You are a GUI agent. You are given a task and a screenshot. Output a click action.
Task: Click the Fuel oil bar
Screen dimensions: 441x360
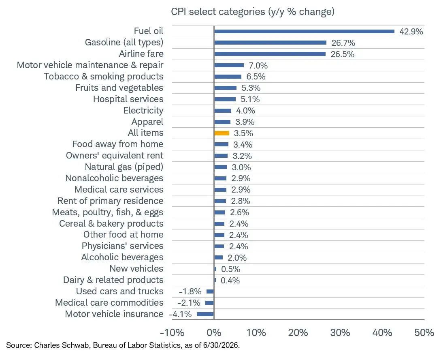pyautogui.click(x=304, y=31)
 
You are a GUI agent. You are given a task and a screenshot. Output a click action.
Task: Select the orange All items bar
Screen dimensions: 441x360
pyautogui.click(x=222, y=133)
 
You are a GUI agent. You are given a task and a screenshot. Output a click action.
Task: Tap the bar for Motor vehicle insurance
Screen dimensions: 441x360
pyautogui.click(x=205, y=314)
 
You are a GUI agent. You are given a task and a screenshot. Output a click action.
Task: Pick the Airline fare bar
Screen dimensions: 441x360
pyautogui.click(x=270, y=54)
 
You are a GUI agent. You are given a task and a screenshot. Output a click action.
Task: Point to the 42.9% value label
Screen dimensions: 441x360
pyautogui.click(x=411, y=32)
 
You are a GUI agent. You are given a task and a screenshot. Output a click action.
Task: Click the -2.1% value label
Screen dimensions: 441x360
pyautogui.click(x=189, y=303)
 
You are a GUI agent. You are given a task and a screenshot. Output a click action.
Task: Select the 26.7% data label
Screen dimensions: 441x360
pyautogui.click(x=343, y=43)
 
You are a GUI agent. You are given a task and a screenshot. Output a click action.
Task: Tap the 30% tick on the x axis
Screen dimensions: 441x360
pyautogui.click(x=340, y=333)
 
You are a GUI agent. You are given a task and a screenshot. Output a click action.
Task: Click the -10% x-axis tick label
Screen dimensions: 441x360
pyautogui.click(x=172, y=333)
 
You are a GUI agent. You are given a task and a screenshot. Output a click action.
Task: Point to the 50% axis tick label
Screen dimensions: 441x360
pyautogui.click(x=424, y=333)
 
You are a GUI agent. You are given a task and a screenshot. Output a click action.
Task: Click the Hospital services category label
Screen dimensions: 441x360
pyautogui.click(x=128, y=99)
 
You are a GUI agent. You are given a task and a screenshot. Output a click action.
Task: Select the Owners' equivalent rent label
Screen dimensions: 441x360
pyautogui.click(x=115, y=156)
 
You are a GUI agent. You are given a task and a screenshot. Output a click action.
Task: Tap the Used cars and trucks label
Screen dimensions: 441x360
pyautogui.click(x=119, y=291)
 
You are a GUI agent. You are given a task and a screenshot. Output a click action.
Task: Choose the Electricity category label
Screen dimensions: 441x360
pyautogui.click(x=143, y=111)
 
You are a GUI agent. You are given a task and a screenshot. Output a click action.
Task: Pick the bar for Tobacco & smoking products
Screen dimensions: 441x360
pyautogui.click(x=228, y=77)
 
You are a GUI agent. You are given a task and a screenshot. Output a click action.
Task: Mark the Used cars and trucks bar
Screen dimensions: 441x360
pyautogui.click(x=210, y=291)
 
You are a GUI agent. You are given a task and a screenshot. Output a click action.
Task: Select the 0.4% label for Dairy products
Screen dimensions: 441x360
pyautogui.click(x=230, y=281)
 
